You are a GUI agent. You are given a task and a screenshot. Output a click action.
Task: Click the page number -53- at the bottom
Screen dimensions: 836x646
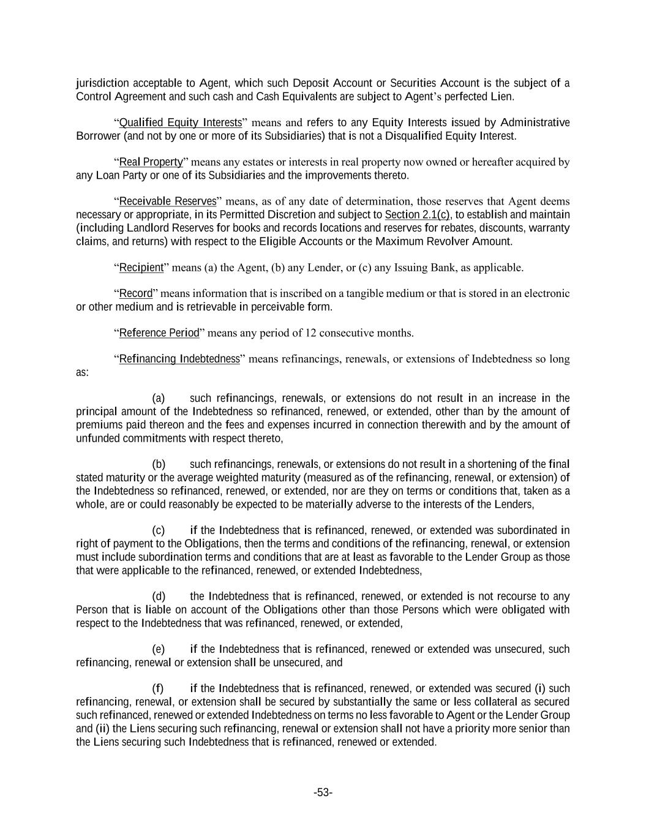[323, 793]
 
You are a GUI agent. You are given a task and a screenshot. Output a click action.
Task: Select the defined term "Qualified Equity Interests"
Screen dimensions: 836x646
[180, 122]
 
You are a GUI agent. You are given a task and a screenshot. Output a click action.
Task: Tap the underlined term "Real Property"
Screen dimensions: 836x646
[151, 162]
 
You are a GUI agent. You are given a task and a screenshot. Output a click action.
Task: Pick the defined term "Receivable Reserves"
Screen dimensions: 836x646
[167, 201]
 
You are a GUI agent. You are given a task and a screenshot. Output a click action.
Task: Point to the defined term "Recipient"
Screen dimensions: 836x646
[141, 267]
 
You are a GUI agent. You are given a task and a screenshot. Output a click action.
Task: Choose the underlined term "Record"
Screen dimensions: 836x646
[135, 293]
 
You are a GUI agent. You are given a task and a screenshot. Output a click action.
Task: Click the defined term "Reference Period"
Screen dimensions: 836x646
[159, 333]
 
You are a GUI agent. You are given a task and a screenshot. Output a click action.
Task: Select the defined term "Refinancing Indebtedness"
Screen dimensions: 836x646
[179, 359]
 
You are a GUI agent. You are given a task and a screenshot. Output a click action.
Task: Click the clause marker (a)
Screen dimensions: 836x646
[159, 398]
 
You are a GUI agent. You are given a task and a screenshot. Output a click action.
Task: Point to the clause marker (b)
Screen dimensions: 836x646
[159, 464]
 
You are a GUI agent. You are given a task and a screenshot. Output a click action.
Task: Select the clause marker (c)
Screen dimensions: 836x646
[159, 530]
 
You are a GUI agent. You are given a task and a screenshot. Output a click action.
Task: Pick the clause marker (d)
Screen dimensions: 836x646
[159, 596]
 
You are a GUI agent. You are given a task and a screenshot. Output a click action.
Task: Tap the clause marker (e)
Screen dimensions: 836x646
[159, 649]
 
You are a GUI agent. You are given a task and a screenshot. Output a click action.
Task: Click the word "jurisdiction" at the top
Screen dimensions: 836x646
[102, 83]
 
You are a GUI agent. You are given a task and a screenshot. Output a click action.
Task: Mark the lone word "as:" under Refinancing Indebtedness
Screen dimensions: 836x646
[82, 372]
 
